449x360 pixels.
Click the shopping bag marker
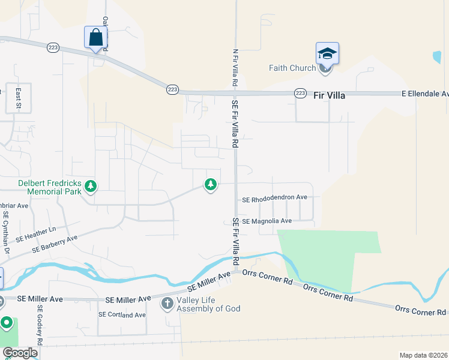95,37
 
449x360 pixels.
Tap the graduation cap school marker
327,53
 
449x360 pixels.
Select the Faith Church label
292,68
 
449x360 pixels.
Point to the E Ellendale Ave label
425,94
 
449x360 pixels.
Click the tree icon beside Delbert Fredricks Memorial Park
91,187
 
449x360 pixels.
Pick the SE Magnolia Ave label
267,221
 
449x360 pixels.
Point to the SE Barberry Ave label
55,243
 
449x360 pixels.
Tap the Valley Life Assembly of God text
208,304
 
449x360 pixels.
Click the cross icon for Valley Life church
167,304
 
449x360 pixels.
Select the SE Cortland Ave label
122,314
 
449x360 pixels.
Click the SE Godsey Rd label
40,324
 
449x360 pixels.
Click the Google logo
19,353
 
